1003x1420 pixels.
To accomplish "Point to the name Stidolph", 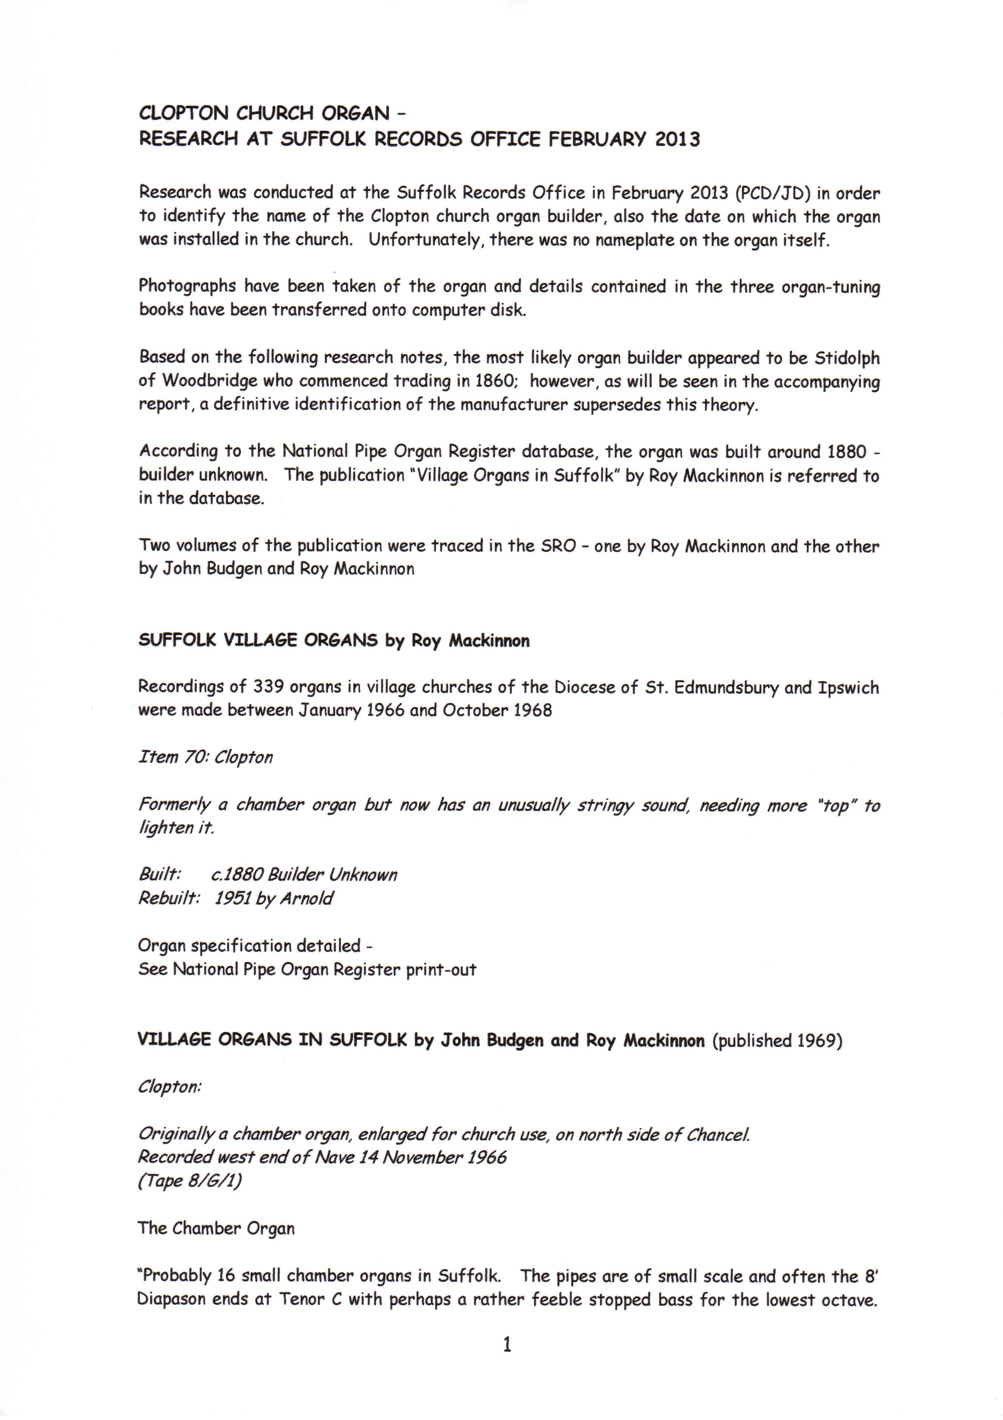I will (x=847, y=358).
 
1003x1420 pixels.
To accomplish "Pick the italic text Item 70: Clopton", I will (x=205, y=757).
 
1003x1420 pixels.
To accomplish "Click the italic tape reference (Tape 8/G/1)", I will (x=190, y=1181).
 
